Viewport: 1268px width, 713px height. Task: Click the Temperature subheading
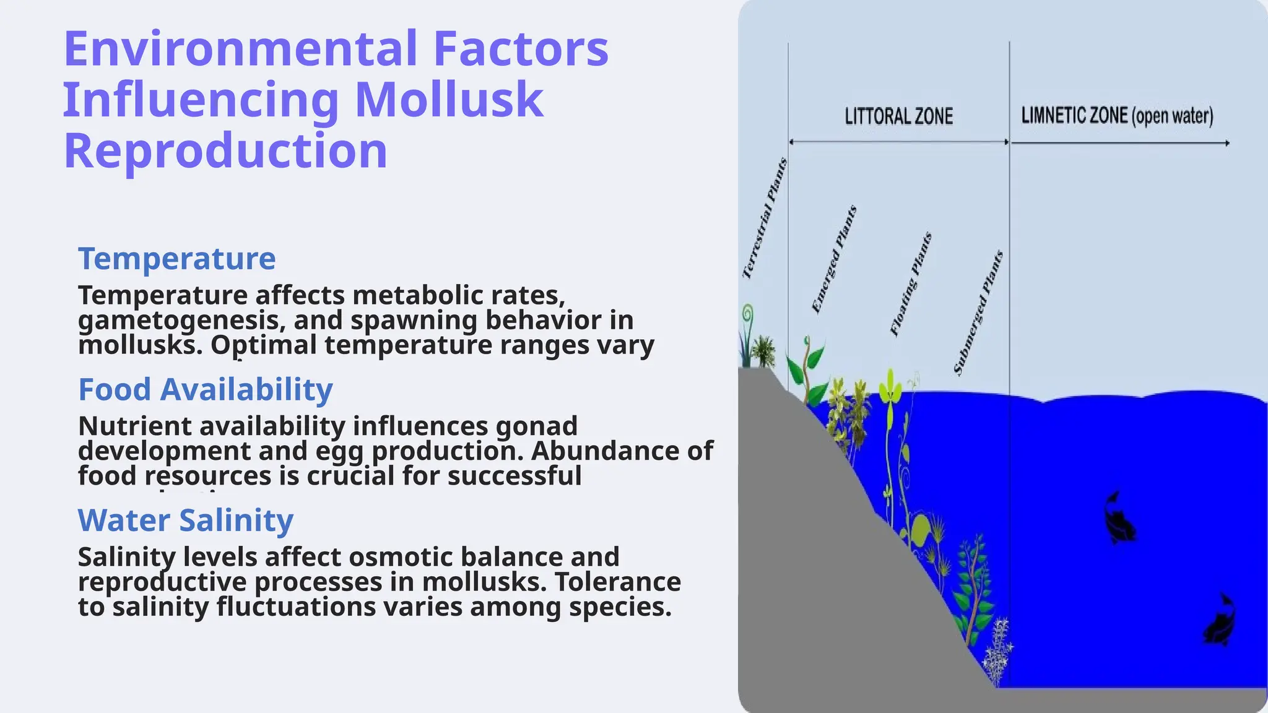[176, 258]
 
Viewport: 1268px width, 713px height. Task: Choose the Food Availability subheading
[206, 389]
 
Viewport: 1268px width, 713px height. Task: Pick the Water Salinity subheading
[185, 520]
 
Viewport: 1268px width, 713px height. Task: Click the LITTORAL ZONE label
[898, 116]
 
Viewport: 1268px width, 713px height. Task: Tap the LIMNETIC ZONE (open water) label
[1117, 116]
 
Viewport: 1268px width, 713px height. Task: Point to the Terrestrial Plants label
[765, 218]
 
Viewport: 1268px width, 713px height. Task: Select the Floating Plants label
[911, 284]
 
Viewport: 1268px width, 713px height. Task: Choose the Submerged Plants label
[978, 313]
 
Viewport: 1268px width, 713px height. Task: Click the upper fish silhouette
[1119, 517]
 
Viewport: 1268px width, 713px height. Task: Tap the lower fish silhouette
[1220, 621]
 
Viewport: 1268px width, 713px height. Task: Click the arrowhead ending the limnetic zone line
[1227, 143]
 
